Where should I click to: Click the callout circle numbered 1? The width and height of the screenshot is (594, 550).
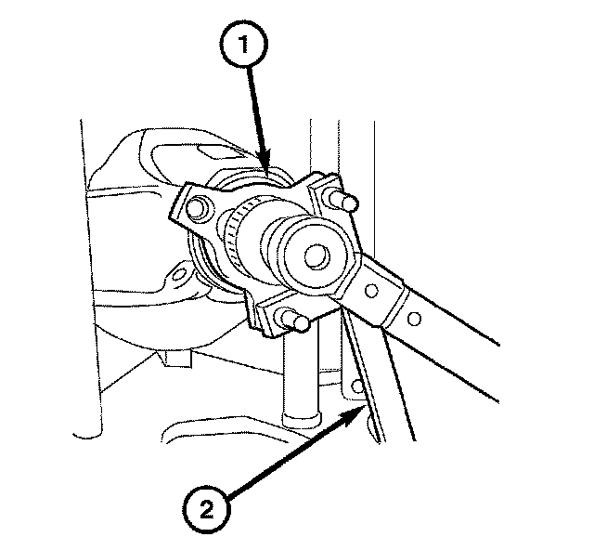click(244, 45)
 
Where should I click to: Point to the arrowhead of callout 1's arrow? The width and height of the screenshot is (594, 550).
click(265, 162)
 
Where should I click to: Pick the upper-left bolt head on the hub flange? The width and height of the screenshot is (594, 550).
click(196, 209)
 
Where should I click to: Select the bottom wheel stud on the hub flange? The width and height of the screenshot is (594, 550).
click(295, 320)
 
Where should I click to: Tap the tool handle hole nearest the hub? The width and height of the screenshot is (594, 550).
click(372, 291)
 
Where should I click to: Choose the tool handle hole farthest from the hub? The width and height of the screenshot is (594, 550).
click(415, 319)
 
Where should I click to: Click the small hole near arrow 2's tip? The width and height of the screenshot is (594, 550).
click(357, 386)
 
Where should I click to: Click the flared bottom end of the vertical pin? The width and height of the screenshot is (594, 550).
click(301, 421)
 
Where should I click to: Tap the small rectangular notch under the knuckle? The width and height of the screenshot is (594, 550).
click(176, 359)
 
